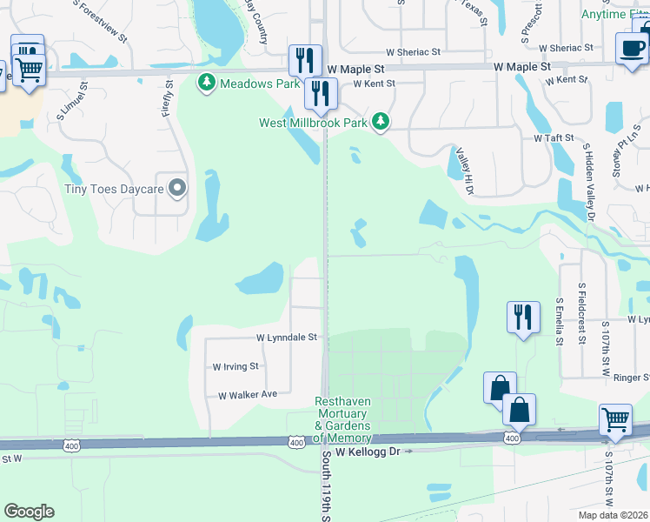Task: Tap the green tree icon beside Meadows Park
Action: pos(207,84)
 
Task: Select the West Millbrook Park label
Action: pos(313,123)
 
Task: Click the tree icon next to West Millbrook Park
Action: pos(380,122)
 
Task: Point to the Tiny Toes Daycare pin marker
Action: pos(178,188)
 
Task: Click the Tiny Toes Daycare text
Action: pos(115,188)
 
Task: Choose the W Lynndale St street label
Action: pos(288,337)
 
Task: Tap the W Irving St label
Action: pos(235,367)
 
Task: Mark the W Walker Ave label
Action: pos(247,394)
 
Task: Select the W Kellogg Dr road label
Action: pos(368,452)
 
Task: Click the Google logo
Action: pos(29,511)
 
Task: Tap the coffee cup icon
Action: pos(632,48)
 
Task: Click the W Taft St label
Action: pos(554,138)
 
